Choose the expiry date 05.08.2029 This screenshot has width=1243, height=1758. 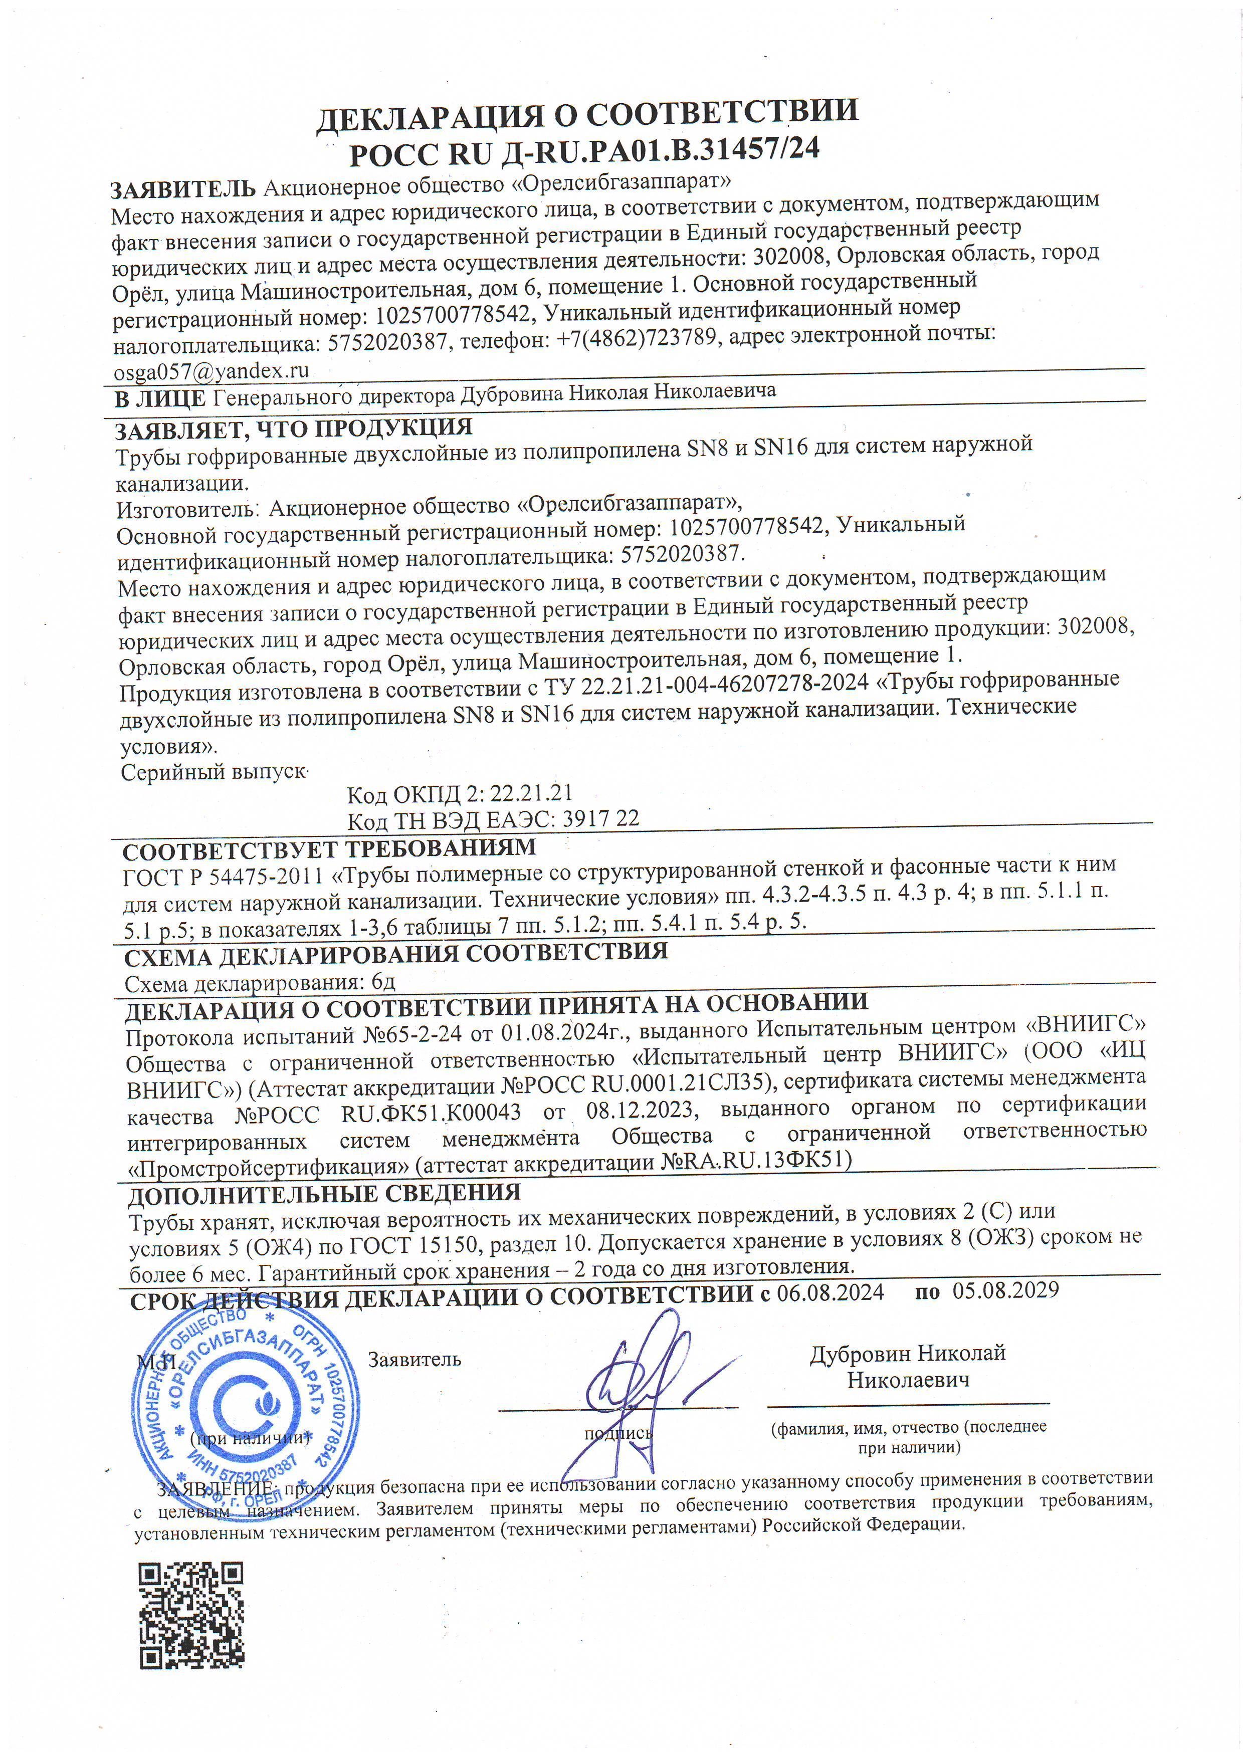click(x=1005, y=1289)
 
